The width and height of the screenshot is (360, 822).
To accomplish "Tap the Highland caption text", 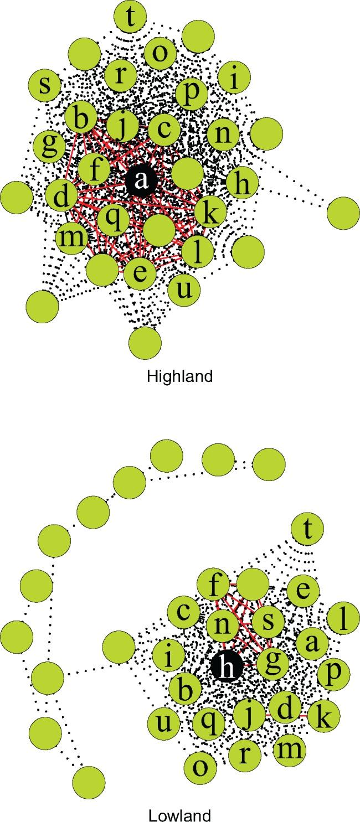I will [x=179, y=376].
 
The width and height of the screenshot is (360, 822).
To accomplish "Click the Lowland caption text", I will [x=179, y=815].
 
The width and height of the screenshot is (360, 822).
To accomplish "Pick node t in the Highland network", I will [x=130, y=17].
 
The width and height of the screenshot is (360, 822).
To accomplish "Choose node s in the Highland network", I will [x=45, y=86].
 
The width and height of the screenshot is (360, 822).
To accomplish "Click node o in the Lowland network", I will [x=202, y=767].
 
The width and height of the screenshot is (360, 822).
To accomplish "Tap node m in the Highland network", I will [x=72, y=238].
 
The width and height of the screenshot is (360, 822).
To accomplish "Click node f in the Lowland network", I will [x=214, y=585].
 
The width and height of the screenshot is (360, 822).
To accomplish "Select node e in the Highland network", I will [x=140, y=274].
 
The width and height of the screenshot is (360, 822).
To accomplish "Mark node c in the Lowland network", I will [x=183, y=612].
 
